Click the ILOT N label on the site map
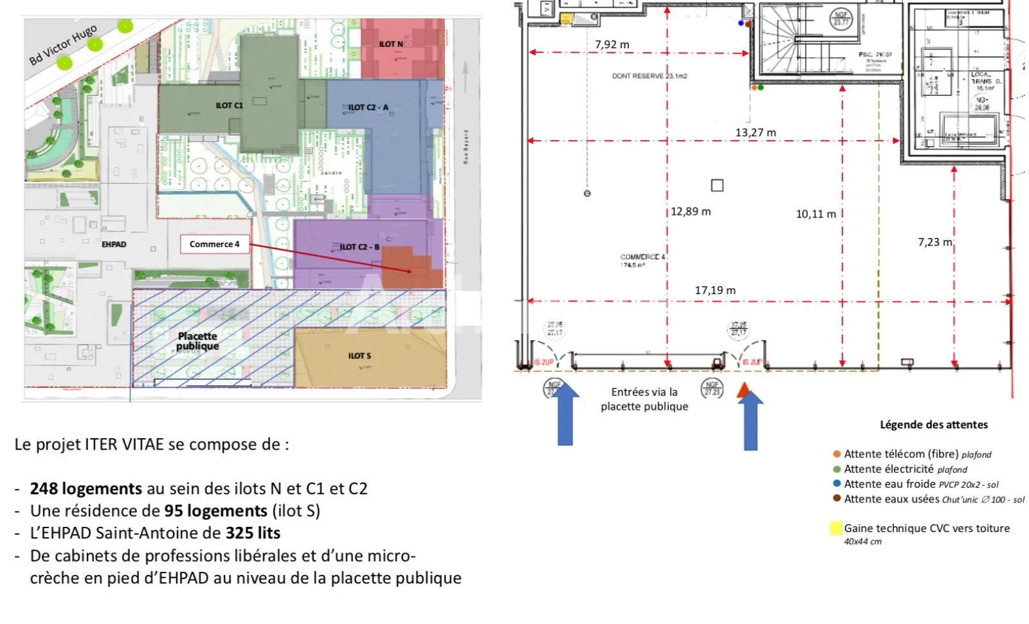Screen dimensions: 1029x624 390,44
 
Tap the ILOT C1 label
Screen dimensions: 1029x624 229,106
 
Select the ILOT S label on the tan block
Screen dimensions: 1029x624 360,356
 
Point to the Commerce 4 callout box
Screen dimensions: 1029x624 214,244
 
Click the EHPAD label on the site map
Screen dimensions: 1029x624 114,244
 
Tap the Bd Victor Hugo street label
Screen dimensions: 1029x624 63,45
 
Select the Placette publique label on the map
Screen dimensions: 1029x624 197,341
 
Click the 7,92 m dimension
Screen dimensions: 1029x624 612,44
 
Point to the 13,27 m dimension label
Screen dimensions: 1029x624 755,133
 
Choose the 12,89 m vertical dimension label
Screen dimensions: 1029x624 691,212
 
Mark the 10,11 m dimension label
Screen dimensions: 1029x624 815,214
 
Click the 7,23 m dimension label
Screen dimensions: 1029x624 934,242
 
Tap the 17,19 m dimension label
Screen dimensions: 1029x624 715,291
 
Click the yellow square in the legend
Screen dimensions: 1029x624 835,529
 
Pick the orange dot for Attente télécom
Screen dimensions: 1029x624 837,454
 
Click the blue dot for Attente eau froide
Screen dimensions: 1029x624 837,484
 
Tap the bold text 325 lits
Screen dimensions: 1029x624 253,533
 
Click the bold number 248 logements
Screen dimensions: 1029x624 86,489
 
